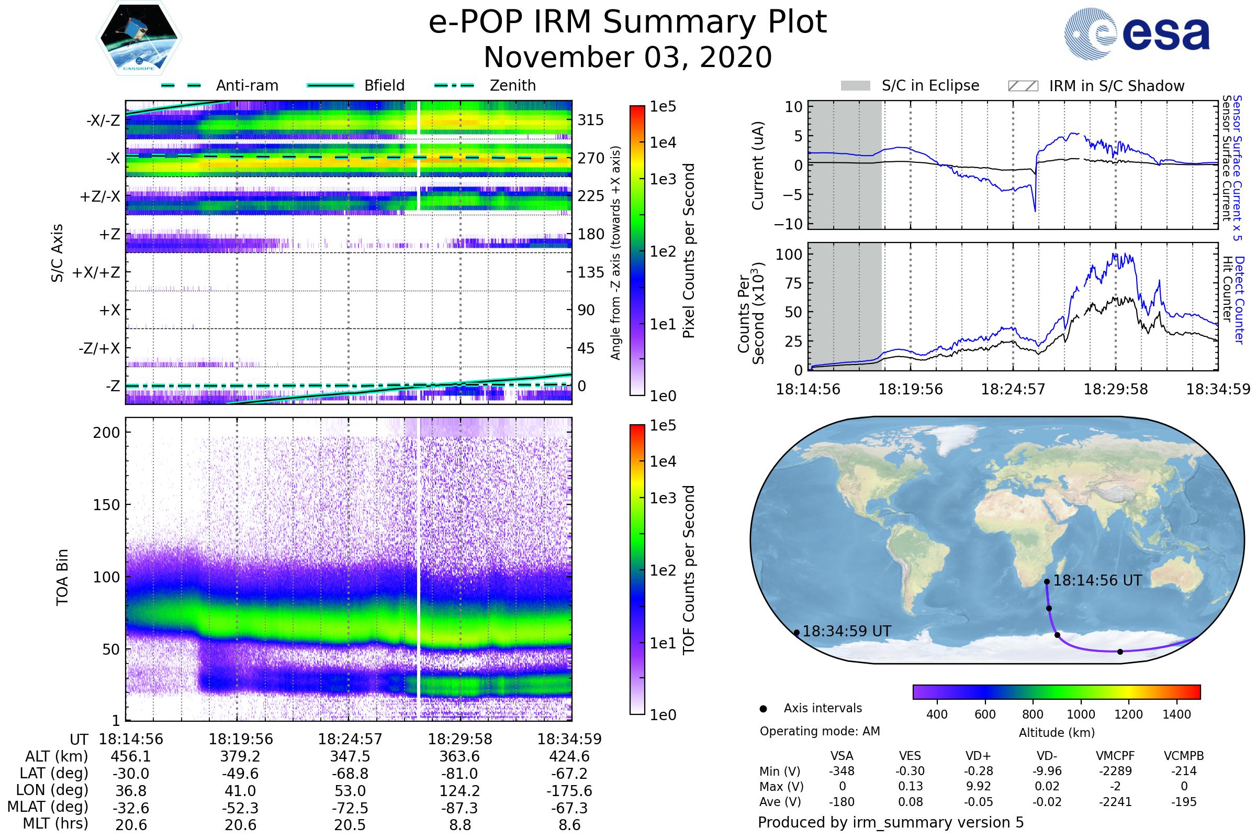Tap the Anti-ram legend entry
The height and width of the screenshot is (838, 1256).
click(246, 85)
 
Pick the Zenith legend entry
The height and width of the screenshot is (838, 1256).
click(512, 85)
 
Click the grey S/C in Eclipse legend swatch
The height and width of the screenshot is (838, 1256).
click(855, 86)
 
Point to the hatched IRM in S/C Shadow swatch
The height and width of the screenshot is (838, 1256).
click(1023, 86)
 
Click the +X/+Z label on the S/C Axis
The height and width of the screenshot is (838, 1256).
click(96, 272)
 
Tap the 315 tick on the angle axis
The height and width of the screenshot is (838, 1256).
click(590, 120)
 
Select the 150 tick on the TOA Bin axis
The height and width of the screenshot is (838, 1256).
click(106, 505)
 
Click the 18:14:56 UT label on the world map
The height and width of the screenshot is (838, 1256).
click(1097, 580)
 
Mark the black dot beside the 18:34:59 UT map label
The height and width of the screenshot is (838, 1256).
click(796, 633)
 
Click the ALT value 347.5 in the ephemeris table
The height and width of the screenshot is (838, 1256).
click(350, 756)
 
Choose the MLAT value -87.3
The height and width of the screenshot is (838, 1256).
click(460, 808)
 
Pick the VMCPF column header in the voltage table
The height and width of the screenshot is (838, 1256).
click(1115, 756)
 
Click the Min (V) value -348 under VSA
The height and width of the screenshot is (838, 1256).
click(842, 771)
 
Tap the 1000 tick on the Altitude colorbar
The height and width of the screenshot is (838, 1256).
click(1080, 714)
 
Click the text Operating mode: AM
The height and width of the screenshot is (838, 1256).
click(820, 731)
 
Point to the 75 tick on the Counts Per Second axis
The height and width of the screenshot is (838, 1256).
click(793, 283)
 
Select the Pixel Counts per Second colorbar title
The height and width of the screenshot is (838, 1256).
click(689, 251)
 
